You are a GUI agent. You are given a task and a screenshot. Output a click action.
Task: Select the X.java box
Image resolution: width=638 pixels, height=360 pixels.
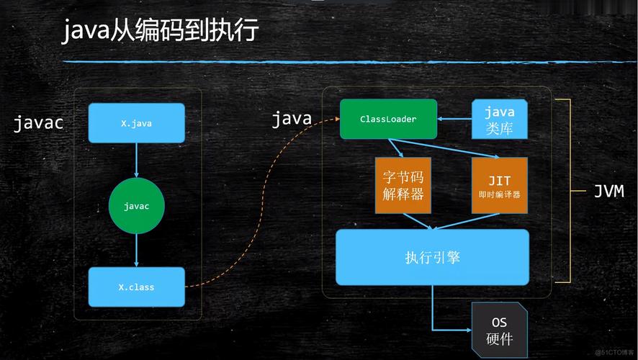point(136,123)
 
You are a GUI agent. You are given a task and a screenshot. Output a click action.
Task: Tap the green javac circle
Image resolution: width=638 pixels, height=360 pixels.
point(136,206)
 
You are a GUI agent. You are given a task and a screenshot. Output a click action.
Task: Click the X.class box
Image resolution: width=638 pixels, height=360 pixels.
point(136,287)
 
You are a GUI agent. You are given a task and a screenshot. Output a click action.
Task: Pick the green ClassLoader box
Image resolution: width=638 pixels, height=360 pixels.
point(388,119)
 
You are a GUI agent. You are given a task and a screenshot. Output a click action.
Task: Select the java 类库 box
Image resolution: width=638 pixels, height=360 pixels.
point(499,120)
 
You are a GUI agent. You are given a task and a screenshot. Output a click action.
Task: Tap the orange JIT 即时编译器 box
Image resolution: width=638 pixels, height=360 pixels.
point(499,185)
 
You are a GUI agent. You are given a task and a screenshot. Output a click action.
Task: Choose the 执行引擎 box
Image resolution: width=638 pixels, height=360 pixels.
point(432,257)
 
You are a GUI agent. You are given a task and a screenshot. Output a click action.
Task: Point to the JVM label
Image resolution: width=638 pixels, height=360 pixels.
point(608,192)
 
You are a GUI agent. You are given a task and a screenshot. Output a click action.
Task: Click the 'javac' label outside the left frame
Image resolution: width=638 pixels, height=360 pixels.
point(39,123)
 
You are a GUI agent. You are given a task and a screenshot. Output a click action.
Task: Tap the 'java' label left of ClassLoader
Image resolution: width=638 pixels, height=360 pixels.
point(292,119)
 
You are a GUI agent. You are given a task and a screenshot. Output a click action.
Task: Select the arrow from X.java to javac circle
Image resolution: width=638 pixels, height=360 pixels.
point(136,160)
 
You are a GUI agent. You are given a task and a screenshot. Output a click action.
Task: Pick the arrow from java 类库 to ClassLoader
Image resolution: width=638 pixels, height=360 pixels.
point(454,119)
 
